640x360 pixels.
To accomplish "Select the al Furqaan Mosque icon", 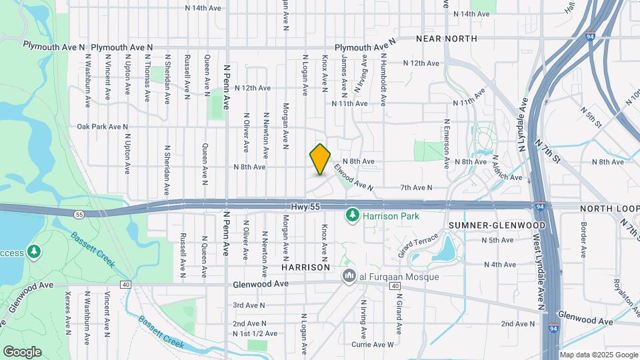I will (348, 276).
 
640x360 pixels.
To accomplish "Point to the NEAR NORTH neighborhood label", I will (447, 39).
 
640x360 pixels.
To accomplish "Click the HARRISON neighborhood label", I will (306, 267).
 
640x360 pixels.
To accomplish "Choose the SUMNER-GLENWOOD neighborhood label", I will (497, 225).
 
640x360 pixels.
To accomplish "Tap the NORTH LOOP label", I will (610, 208).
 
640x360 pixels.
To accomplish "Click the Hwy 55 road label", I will (306, 207).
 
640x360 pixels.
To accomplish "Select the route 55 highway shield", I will (79, 214).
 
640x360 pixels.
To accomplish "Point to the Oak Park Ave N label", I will (102, 126).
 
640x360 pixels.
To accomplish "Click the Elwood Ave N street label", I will (353, 176).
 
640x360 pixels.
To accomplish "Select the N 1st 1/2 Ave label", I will (251, 333).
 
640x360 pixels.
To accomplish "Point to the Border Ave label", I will (583, 240).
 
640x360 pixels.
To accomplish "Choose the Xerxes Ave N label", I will (67, 312).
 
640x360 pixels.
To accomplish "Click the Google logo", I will (22, 351).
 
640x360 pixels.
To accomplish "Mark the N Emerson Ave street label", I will (447, 140).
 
